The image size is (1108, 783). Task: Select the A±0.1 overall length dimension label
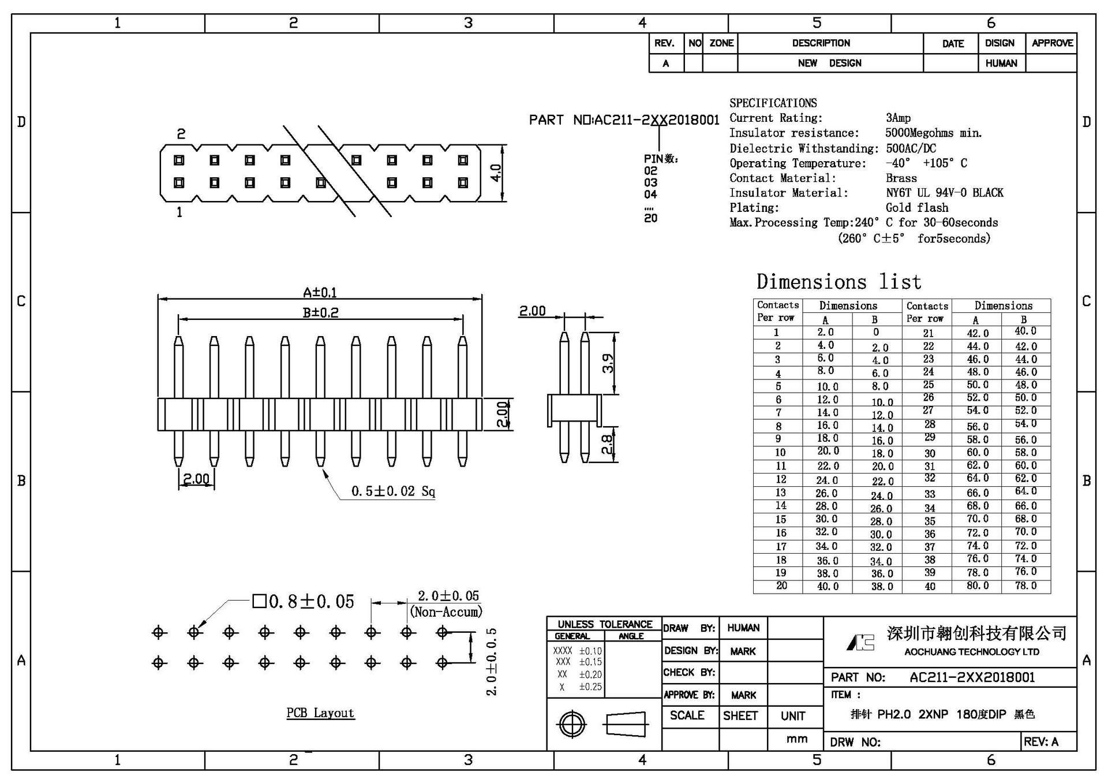320,293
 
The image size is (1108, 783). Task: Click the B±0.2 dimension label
320,312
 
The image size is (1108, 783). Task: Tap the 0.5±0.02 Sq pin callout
393,491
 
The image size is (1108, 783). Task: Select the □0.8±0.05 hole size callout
304,602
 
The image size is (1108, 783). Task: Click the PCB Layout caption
320,713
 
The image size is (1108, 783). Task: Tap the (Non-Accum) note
446,612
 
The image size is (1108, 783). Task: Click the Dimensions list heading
839,282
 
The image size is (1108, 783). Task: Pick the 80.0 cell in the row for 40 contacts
978,586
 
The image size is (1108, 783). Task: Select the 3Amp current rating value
898,118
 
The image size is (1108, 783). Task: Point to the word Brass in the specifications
901,178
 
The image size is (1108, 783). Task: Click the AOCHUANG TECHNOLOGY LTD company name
971,652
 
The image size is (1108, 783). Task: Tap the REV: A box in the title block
1041,742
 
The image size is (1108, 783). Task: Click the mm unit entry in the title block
796,739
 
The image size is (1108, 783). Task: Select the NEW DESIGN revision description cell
829,63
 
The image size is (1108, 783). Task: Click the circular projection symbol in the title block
572,724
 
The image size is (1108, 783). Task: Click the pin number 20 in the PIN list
650,218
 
